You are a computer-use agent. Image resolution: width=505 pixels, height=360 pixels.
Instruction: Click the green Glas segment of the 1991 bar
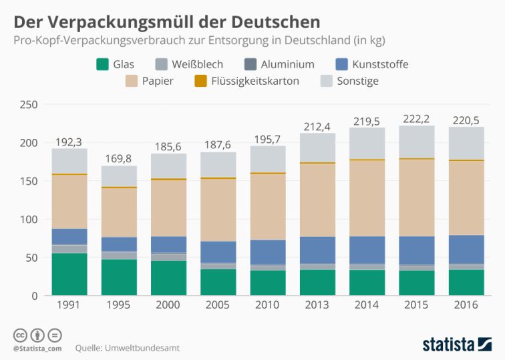[69, 274]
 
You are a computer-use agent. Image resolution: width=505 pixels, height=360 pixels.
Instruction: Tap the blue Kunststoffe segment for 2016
[466, 249]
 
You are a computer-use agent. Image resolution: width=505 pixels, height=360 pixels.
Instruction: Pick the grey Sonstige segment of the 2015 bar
[417, 142]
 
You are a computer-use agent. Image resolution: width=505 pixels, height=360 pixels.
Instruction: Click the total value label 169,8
[118, 159]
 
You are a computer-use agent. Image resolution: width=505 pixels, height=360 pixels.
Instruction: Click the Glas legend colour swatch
[103, 64]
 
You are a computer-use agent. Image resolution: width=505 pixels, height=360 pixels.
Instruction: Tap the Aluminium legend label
[288, 65]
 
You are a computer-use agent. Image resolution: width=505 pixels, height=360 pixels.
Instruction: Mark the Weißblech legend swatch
[160, 64]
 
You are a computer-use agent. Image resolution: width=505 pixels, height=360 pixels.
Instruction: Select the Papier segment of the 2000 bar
[168, 208]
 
